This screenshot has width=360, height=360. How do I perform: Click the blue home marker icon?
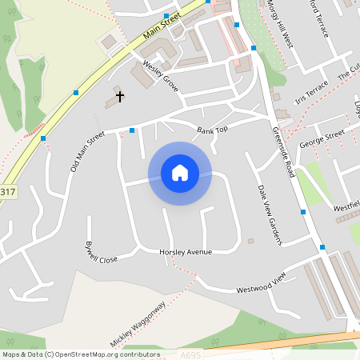[180, 173]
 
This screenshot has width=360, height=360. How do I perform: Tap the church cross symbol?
[120, 97]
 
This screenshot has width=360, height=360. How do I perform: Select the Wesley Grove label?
[160, 75]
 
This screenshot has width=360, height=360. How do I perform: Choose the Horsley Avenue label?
[186, 252]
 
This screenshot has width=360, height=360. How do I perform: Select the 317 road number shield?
[7, 192]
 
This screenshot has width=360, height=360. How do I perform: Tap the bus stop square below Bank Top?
[132, 130]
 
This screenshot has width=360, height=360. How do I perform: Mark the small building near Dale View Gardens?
[250, 241]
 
